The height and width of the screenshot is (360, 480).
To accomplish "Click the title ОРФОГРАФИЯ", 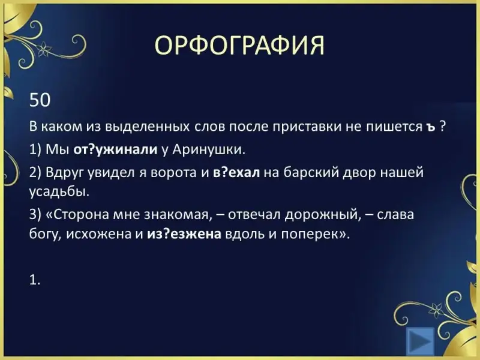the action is pyautogui.click(x=239, y=45).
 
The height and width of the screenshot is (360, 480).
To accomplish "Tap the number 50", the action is pyautogui.click(x=40, y=100).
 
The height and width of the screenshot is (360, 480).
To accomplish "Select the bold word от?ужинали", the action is pyautogui.click(x=115, y=150).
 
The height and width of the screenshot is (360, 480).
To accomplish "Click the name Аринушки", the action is pyautogui.click(x=209, y=150).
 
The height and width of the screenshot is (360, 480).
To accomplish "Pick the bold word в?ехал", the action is pyautogui.click(x=236, y=172).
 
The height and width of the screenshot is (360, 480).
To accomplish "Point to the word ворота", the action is pyautogui.click(x=174, y=173).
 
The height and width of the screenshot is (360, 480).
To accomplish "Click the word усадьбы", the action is pyautogui.click(x=59, y=192).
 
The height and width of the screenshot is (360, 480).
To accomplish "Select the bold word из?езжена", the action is pyautogui.click(x=184, y=234).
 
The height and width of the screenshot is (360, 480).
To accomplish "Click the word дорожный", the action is pyautogui.click(x=322, y=215).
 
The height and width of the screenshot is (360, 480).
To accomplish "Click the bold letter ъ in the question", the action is pyautogui.click(x=430, y=127).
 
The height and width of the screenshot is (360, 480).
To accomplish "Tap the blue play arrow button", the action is pyautogui.click(x=421, y=341).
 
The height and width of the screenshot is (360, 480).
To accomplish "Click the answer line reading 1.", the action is pyautogui.click(x=35, y=280).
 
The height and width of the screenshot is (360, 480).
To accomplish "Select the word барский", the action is pyautogui.click(x=310, y=173).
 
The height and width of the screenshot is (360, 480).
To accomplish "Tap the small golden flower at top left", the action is pyautogui.click(x=44, y=49).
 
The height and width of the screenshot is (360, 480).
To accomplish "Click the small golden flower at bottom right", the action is pyautogui.click(x=436, y=310).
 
